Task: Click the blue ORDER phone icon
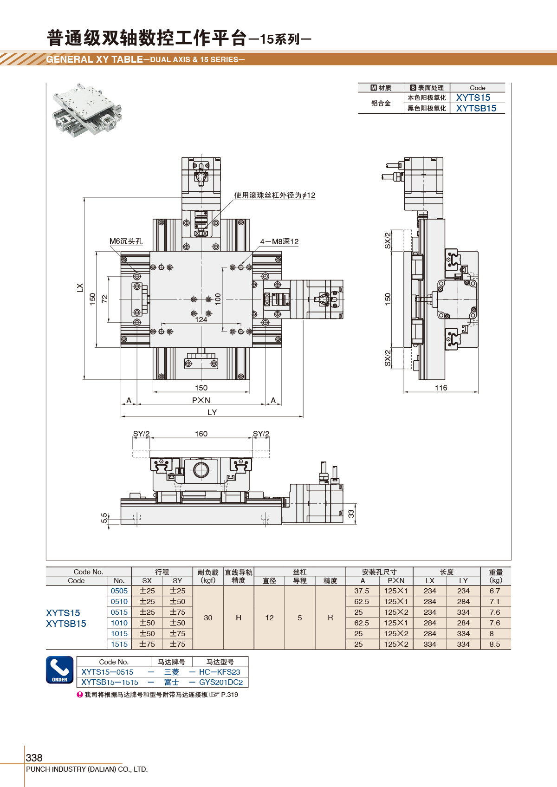tap(59, 670)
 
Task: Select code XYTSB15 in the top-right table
tap(476, 108)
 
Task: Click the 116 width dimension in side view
tap(441, 388)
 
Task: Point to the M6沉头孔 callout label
tap(126, 241)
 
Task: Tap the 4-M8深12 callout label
tap(279, 241)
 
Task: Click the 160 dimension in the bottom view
tap(201, 434)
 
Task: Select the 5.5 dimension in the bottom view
tap(104, 518)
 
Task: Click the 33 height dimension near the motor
tap(351, 514)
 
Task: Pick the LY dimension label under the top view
tap(212, 412)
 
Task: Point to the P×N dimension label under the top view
tap(201, 400)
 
